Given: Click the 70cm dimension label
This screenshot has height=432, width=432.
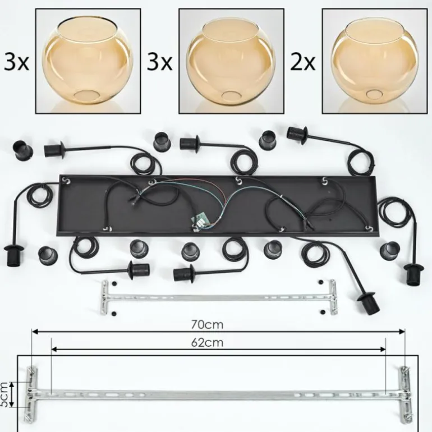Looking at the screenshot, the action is [207, 325].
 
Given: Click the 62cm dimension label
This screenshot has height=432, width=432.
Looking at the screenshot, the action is [207, 342].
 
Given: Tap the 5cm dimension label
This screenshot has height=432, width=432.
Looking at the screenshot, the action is [4, 394].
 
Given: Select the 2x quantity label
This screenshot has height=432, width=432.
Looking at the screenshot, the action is [302, 62].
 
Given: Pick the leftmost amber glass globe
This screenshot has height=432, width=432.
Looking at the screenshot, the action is [88, 61].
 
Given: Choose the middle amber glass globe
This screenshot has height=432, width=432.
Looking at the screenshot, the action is [231, 62].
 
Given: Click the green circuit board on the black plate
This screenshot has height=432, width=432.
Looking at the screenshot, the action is [199, 221].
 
